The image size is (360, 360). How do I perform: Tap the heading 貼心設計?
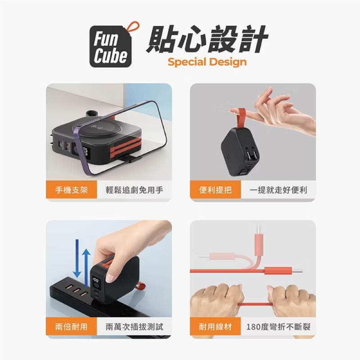207,39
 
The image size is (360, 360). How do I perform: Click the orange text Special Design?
207,62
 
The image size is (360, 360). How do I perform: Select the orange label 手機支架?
72,190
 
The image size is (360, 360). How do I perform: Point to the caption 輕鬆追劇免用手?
134,190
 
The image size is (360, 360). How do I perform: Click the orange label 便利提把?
216,190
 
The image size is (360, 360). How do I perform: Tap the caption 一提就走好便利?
278,190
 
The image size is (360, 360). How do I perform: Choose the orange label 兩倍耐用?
72,327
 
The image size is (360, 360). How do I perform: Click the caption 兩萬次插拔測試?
134,327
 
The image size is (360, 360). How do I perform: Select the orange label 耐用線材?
216,327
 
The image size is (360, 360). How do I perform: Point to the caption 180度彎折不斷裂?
278,327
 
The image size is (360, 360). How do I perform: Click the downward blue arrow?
77,258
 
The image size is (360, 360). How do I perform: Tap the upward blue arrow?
86,267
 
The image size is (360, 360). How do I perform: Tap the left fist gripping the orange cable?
216,300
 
